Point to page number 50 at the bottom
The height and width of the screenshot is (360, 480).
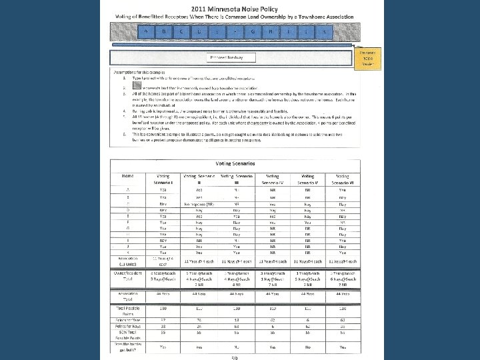click(235, 357)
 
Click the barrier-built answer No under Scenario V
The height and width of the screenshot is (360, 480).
click(304, 347)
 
